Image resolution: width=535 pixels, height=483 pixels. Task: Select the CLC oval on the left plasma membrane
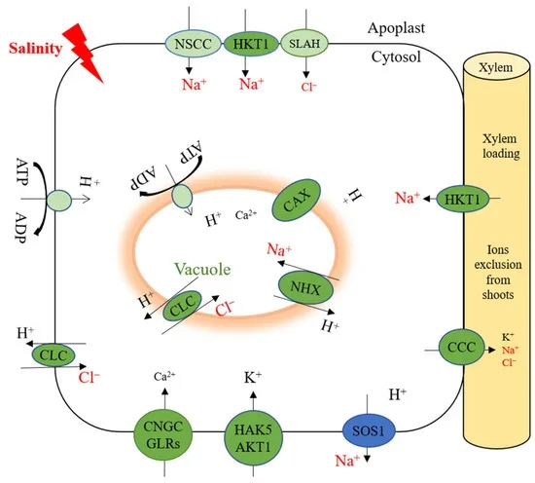[x=53, y=356]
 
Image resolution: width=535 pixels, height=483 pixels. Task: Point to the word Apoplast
[x=404, y=30]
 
